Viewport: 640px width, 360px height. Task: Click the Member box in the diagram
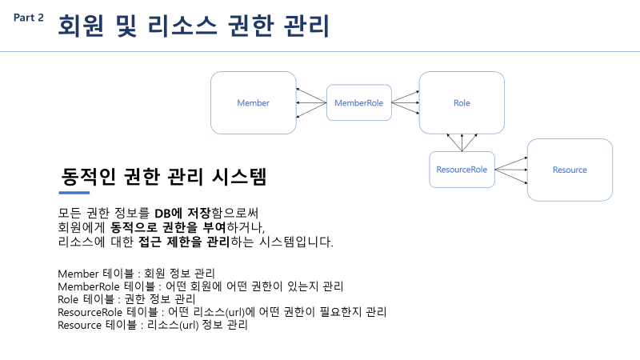click(253, 103)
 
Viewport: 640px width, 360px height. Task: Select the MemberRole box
click(359, 103)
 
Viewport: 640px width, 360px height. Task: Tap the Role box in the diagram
click(462, 103)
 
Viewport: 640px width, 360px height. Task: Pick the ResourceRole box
click(462, 170)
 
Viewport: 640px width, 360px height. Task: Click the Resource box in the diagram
click(570, 170)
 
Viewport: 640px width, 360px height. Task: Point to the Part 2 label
click(29, 18)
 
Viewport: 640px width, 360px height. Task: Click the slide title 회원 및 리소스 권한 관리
click(193, 26)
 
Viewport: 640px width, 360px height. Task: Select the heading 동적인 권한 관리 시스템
click(163, 177)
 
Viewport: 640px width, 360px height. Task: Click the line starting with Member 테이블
click(136, 274)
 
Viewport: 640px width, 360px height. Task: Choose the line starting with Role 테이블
click(126, 298)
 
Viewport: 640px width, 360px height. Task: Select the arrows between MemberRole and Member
click(310, 103)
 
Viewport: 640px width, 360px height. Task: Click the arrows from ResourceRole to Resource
click(510, 170)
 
